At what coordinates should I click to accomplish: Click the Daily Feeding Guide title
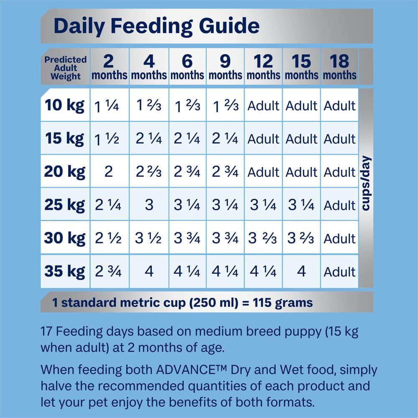point(156,26)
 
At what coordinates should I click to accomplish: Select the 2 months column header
point(109,68)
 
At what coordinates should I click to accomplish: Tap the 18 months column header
point(339,68)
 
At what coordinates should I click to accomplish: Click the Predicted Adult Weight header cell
point(65,68)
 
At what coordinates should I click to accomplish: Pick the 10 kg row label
point(65,105)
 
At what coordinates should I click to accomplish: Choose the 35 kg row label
point(65,272)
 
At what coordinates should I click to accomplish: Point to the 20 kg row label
point(65,171)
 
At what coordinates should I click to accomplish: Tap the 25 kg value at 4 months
point(149,205)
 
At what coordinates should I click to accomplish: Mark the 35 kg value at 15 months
point(301,272)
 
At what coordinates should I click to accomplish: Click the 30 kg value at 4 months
point(149,239)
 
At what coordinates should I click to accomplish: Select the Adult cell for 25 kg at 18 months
point(339,206)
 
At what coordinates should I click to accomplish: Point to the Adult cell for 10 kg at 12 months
point(263,106)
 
